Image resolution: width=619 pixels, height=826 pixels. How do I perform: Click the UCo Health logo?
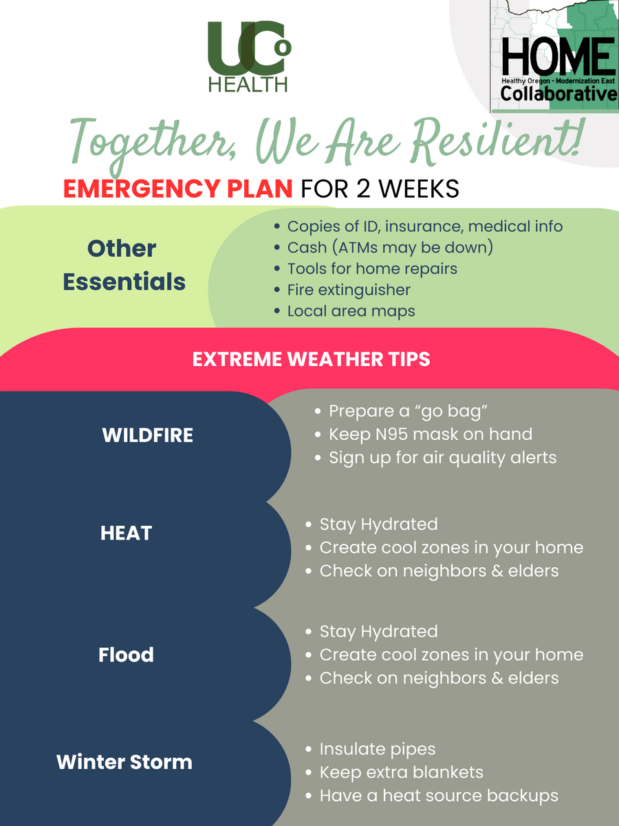coord(249,56)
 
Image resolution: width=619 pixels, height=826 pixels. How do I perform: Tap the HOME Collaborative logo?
coord(554,56)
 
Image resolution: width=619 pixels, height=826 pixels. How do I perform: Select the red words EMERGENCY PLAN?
coord(177,189)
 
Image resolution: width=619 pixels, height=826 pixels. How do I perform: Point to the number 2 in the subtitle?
coord(363,189)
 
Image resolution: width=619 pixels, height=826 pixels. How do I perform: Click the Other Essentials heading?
coord(124,265)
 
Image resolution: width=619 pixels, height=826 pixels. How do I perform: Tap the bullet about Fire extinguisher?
coord(342,290)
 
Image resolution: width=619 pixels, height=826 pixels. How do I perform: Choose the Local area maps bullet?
coord(345,311)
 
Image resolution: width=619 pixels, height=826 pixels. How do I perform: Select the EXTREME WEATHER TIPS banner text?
coord(311,359)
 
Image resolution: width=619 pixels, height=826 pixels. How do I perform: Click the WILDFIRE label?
coord(147,435)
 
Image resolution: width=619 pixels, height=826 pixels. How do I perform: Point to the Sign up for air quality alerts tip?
coord(435,458)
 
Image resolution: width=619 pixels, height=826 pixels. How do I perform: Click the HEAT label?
coord(126,533)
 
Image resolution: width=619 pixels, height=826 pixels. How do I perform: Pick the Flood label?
coord(126,655)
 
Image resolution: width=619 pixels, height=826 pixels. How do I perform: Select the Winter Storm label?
coord(124,762)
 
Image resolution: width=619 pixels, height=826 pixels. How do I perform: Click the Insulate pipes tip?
coord(370,749)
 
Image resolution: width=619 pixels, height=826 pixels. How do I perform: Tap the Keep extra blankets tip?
coord(394,772)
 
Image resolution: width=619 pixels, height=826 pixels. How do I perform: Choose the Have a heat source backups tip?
coord(432,796)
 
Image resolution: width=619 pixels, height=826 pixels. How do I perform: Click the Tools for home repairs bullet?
coord(365,268)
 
